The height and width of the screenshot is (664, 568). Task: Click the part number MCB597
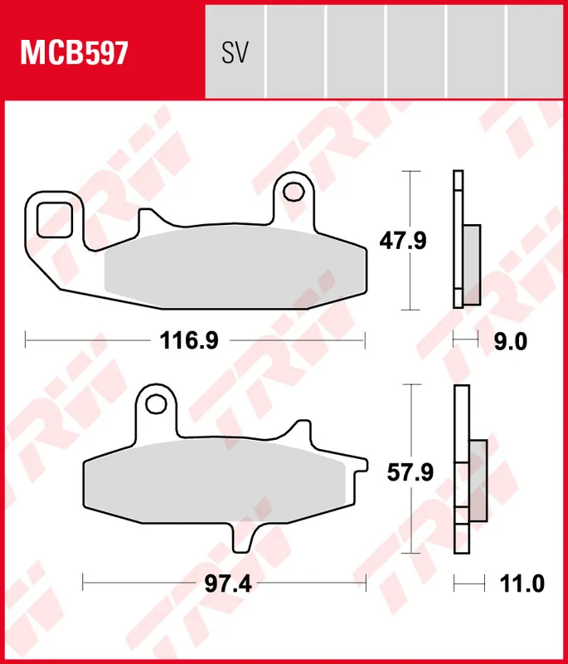[74, 53]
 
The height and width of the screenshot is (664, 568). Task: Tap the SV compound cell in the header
[235, 53]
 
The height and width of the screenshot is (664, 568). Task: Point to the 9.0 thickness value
[510, 340]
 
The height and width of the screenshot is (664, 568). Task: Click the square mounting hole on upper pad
[55, 218]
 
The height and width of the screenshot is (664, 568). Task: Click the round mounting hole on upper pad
[293, 192]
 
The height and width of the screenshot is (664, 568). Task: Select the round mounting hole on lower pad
[154, 404]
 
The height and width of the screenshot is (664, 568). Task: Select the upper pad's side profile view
[464, 241]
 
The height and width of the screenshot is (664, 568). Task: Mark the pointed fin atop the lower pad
[296, 432]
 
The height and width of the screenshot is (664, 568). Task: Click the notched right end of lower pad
[354, 481]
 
